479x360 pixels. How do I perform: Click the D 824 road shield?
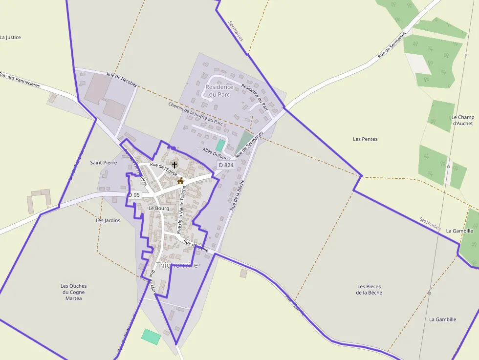click(x=226, y=165)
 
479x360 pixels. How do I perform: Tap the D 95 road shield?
click(x=134, y=195)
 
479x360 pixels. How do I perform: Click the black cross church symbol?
click(x=174, y=165)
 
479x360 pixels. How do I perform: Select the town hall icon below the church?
click(x=180, y=181)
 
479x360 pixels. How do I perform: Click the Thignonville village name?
click(x=177, y=265)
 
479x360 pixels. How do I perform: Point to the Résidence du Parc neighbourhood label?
click(x=219, y=90)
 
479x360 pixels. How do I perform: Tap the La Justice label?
click(x=10, y=37)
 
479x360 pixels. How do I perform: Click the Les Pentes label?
click(x=365, y=139)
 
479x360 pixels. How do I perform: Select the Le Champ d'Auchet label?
click(x=462, y=120)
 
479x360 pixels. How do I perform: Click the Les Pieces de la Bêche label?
click(x=369, y=289)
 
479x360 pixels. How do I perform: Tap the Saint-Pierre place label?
click(x=104, y=162)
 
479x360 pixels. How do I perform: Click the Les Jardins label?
click(x=108, y=220)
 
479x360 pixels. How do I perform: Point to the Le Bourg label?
click(x=158, y=208)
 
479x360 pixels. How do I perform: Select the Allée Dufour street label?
click(x=215, y=153)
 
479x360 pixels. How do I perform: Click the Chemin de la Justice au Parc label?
click(x=196, y=114)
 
